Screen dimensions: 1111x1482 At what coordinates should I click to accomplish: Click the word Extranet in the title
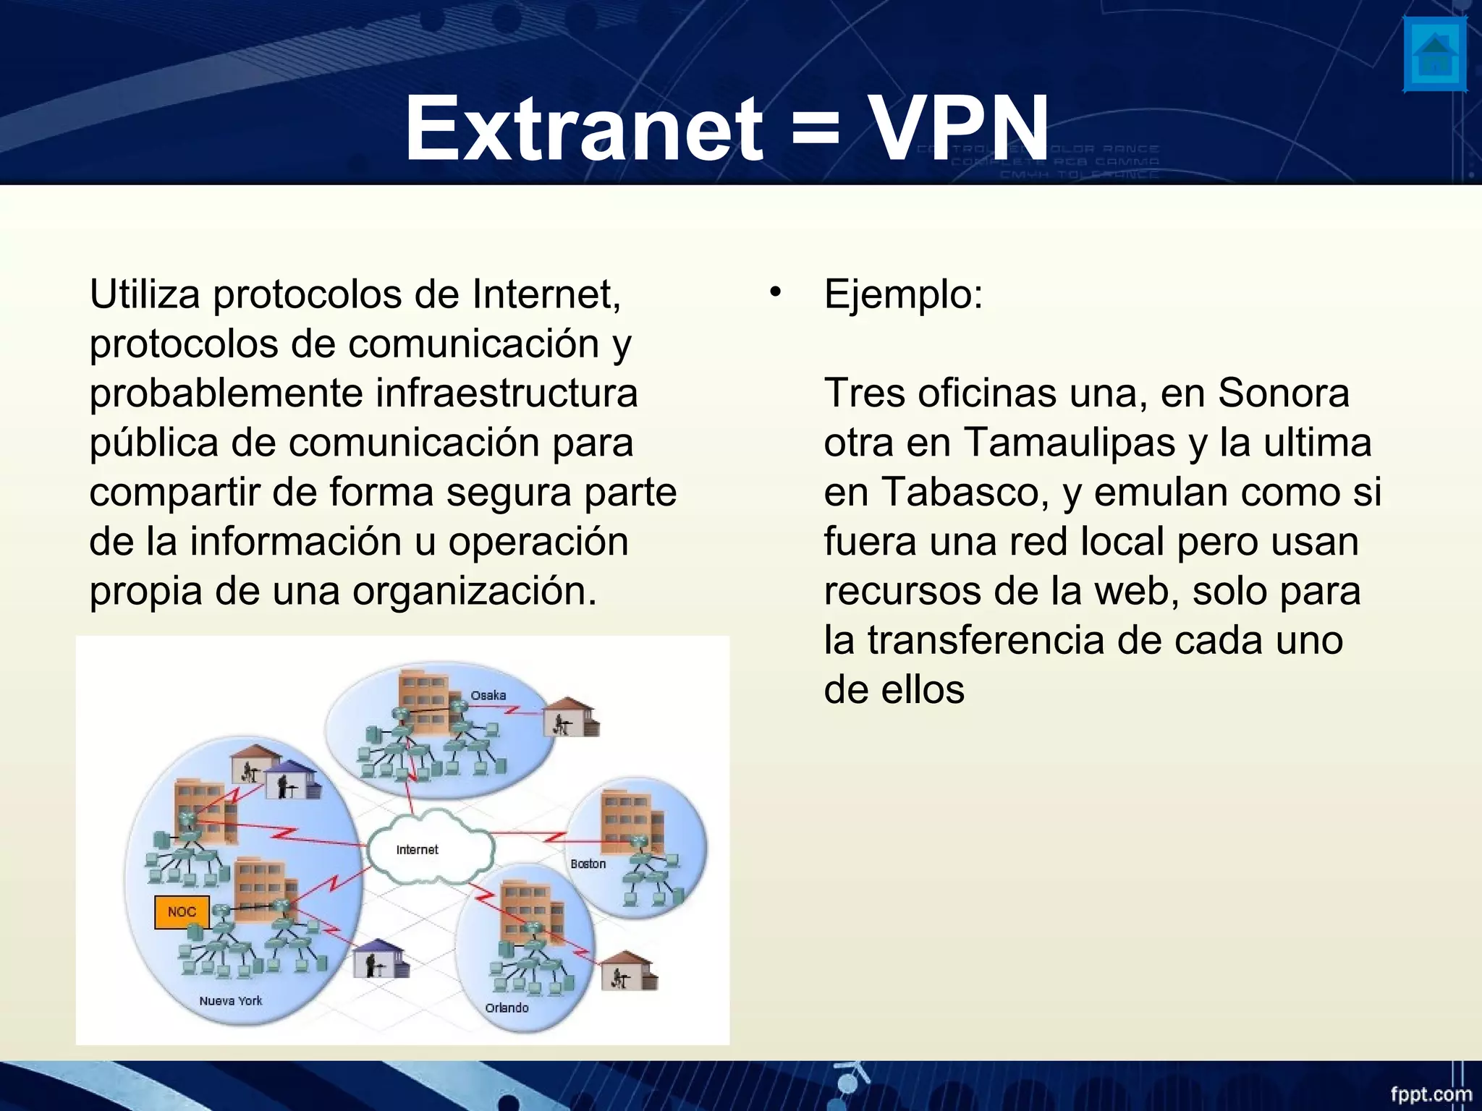click(583, 128)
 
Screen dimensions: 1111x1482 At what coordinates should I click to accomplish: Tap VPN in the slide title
click(959, 128)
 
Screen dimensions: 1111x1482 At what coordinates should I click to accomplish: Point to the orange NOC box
click(182, 912)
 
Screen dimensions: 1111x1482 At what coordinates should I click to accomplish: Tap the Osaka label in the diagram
click(488, 695)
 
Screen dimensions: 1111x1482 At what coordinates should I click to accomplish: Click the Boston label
click(588, 864)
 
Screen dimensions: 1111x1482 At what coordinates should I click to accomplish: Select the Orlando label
click(507, 1008)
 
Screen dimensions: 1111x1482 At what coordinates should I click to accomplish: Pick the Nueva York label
click(231, 1001)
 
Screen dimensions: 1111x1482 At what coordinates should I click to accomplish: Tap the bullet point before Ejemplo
click(776, 292)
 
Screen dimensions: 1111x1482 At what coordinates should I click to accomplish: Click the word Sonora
click(1283, 393)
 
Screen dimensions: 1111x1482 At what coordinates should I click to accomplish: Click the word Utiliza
click(145, 295)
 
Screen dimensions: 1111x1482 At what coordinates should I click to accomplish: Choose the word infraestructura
click(507, 394)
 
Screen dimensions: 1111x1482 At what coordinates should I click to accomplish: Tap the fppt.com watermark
click(1431, 1094)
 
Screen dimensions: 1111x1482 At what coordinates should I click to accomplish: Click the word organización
click(475, 592)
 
